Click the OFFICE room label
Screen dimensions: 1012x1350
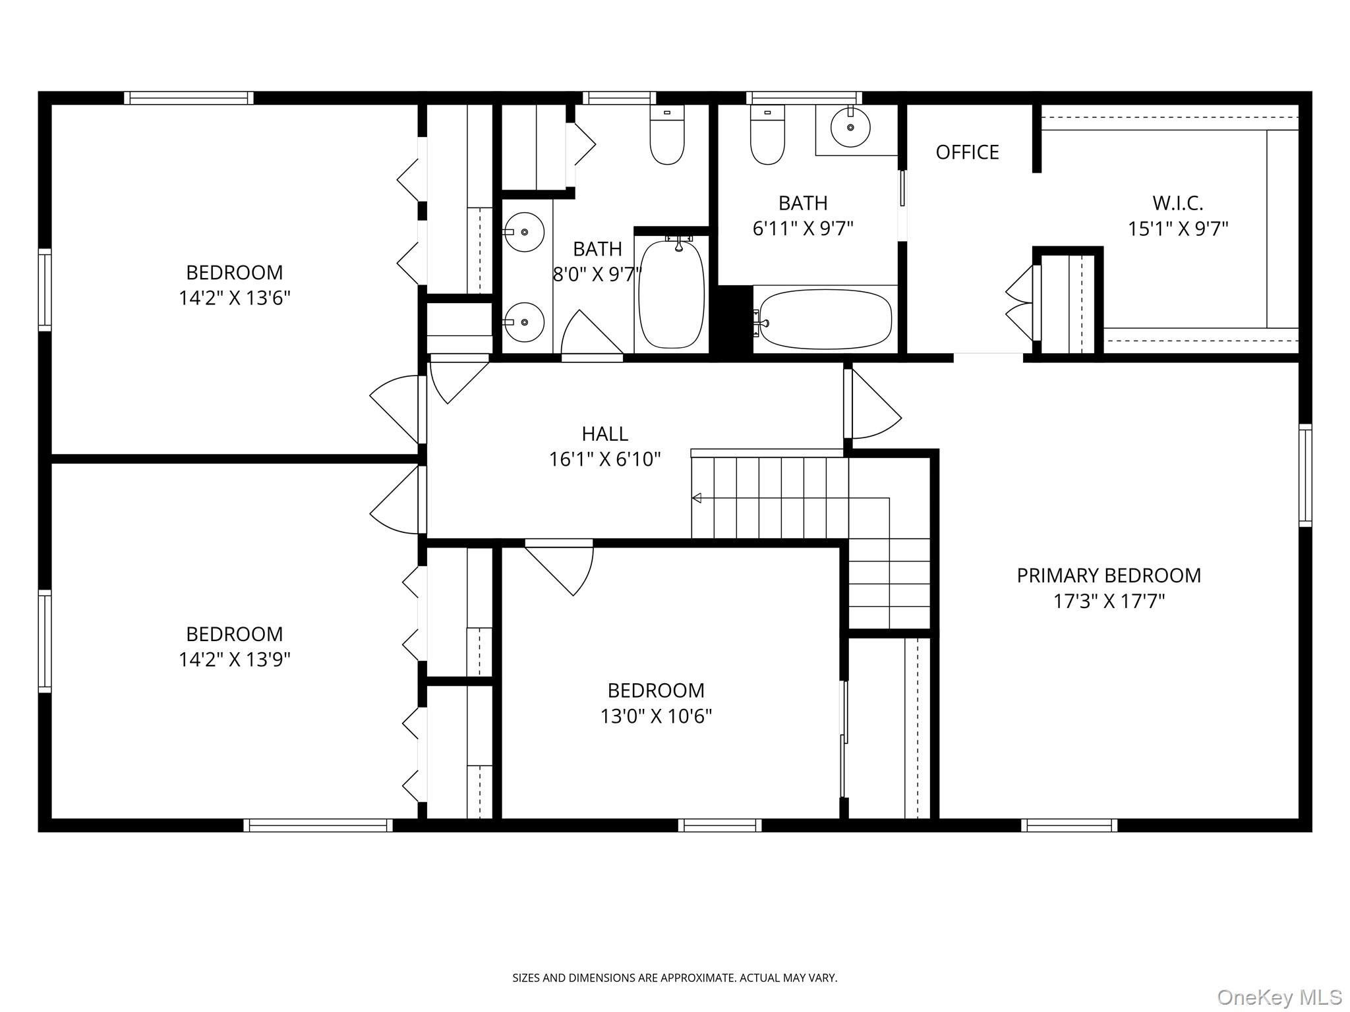[967, 152]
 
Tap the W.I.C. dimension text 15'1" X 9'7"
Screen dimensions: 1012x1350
[1178, 229]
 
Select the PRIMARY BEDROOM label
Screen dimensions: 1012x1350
[1108, 576]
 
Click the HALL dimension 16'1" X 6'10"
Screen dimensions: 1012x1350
[604, 459]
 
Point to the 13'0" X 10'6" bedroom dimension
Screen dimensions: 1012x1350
[656, 716]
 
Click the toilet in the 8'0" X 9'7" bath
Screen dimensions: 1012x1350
[666, 136]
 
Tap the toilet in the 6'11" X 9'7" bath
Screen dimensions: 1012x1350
[767, 136]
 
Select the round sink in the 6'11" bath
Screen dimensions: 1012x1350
[850, 127]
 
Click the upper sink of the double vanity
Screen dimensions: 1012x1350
[525, 232]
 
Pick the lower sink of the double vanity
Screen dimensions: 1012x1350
[525, 322]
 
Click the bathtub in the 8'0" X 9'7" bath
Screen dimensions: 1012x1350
[671, 295]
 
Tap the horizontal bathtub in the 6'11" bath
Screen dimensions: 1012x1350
[825, 320]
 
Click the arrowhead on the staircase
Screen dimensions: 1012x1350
[696, 498]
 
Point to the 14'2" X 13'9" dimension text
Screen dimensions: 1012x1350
[234, 660]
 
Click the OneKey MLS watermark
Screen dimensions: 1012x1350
[1279, 997]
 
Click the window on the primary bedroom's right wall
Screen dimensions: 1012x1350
[1305, 475]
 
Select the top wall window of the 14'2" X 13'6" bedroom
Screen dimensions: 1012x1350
[189, 98]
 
